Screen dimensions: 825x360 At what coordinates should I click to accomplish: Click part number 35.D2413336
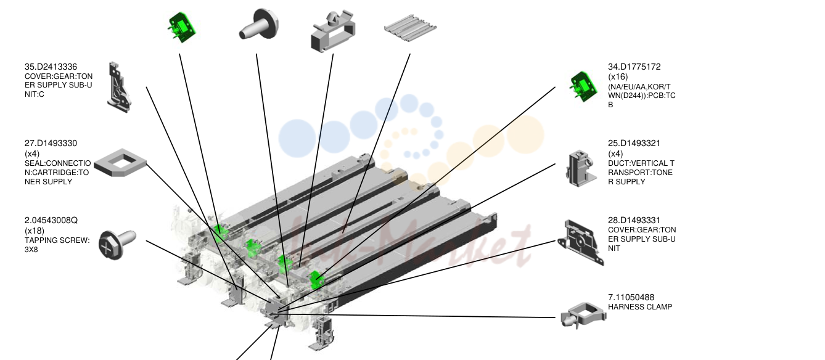[51, 67]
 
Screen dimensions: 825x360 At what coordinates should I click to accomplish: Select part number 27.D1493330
[51, 143]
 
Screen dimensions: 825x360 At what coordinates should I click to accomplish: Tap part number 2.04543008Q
[51, 221]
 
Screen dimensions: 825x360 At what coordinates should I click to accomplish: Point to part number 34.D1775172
[634, 67]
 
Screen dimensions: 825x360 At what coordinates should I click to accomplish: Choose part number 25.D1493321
[634, 143]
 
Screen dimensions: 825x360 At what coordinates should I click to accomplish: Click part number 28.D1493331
[634, 221]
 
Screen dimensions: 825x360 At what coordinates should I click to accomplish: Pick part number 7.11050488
[631, 297]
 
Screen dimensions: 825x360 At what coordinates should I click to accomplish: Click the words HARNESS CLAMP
[640, 307]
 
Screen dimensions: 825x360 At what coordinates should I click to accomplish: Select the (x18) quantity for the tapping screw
[35, 231]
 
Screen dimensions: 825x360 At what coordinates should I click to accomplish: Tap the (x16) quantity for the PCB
[618, 77]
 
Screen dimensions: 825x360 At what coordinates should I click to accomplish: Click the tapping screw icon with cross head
[117, 244]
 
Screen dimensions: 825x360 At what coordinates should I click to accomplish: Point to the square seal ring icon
[120, 162]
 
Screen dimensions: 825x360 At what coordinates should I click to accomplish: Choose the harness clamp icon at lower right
[583, 316]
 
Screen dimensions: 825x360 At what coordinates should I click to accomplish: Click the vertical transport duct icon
[581, 168]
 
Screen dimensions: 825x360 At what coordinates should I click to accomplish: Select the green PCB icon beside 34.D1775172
[583, 87]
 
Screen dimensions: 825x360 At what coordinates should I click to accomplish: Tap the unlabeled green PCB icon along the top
[181, 28]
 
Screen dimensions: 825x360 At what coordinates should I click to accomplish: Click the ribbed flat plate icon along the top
[410, 28]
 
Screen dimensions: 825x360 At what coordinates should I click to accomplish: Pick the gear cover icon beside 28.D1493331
[580, 242]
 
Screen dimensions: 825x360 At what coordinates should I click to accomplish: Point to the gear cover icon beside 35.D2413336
[119, 88]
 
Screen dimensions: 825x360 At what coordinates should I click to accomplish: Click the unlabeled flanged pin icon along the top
[258, 23]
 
